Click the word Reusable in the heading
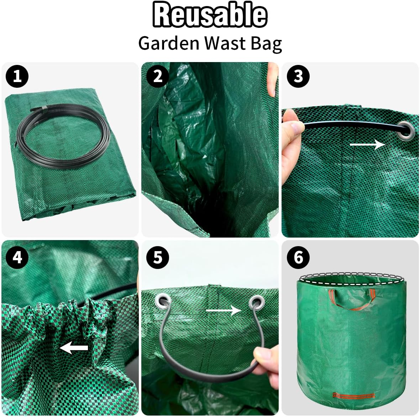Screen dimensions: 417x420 210,15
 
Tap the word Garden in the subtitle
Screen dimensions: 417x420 168,44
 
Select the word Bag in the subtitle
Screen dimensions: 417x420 266,44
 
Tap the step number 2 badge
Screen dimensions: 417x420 158,76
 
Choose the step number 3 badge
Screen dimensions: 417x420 298,76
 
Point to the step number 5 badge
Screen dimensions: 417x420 158,257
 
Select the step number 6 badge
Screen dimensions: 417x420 298,257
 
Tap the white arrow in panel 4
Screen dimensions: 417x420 74,348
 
